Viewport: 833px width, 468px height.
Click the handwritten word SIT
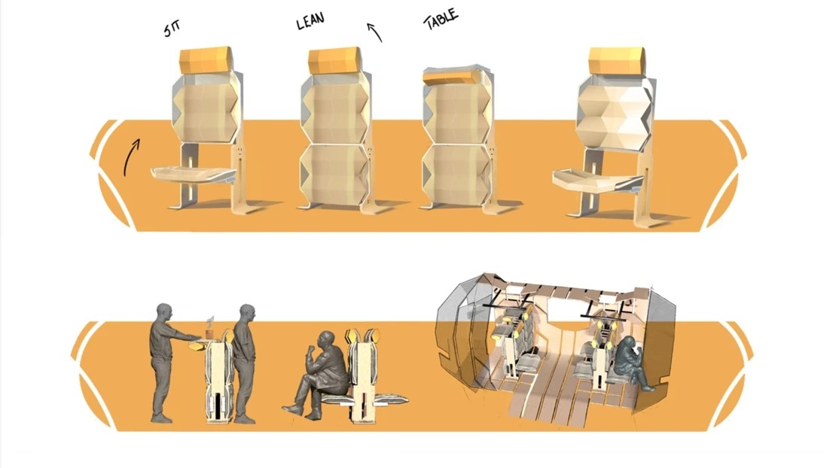(172, 29)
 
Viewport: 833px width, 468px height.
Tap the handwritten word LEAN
(310, 21)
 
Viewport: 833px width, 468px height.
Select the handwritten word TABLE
(441, 20)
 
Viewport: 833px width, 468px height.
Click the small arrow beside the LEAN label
(374, 32)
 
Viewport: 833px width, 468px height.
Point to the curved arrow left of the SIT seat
(130, 157)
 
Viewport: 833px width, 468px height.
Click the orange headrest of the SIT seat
(205, 60)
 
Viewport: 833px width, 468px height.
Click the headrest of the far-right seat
(618, 62)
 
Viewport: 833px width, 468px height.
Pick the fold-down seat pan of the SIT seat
(194, 175)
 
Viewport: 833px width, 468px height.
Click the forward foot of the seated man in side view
(292, 409)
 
